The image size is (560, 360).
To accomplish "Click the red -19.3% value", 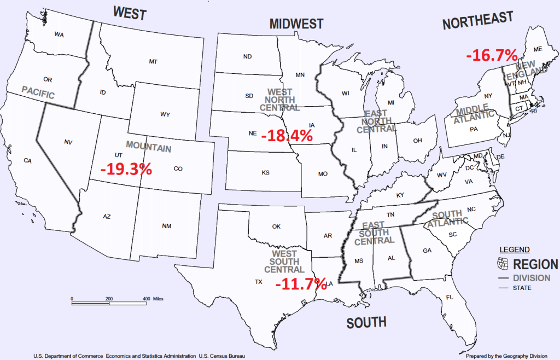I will [126, 169].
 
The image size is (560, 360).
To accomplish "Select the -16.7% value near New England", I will [492, 55].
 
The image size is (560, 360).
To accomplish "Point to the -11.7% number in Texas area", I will [301, 283].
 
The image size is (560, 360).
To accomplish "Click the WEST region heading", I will [130, 13].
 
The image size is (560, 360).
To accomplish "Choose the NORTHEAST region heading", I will [478, 21].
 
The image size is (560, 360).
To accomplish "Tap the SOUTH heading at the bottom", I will [366, 323].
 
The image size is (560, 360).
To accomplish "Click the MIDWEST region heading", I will [296, 24].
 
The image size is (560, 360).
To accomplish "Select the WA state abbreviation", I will [59, 34].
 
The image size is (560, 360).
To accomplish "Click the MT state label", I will [153, 62].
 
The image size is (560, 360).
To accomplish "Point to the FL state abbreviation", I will [450, 298].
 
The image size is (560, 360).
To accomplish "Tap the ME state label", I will [538, 49].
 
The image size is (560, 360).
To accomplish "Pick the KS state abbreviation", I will [265, 172].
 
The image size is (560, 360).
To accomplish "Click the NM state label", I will [167, 226].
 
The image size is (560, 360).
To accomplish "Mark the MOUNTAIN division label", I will [148, 147].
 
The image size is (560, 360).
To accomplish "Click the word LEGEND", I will [514, 249].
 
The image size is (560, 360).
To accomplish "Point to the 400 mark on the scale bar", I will [146, 299].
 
